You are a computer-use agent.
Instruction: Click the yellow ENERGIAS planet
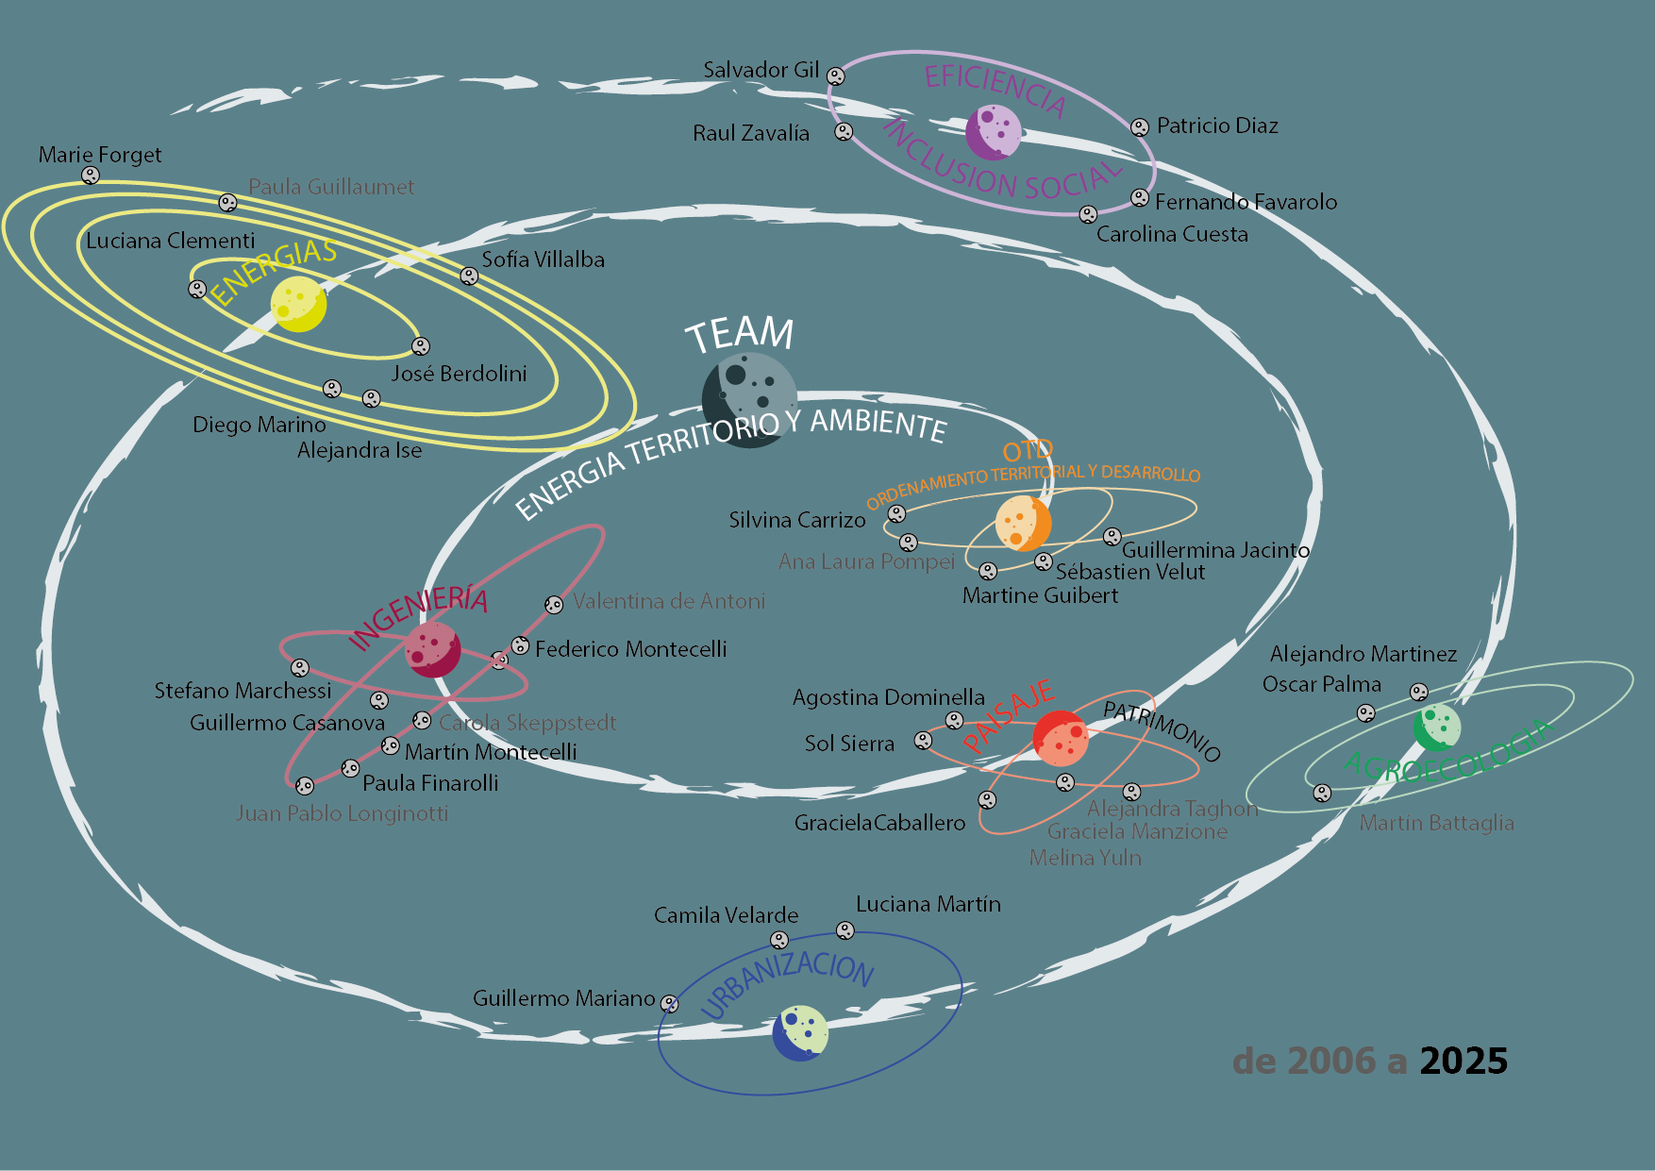(x=298, y=304)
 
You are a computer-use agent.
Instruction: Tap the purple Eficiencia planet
(x=994, y=132)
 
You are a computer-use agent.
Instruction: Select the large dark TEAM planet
(x=749, y=400)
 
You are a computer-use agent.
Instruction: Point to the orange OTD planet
(x=1023, y=523)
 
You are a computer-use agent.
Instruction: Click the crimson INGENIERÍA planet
(x=432, y=649)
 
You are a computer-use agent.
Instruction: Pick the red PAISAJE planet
(x=1061, y=738)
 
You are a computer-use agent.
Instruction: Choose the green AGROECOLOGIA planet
(x=1436, y=728)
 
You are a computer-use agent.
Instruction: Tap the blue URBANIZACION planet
(x=800, y=1033)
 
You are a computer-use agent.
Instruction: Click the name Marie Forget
(x=100, y=155)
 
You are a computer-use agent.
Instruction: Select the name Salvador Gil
(x=761, y=70)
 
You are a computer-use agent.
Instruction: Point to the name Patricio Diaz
(x=1217, y=125)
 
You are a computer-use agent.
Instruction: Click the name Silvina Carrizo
(x=797, y=520)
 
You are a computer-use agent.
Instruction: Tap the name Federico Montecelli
(x=630, y=649)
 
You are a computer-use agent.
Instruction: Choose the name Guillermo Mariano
(x=563, y=998)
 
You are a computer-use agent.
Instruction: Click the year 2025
(x=1464, y=1062)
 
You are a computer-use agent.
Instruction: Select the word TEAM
(x=740, y=334)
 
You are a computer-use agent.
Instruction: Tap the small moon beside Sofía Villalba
(x=469, y=276)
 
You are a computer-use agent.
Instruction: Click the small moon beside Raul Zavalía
(x=844, y=132)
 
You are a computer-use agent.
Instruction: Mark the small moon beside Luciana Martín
(x=845, y=931)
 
